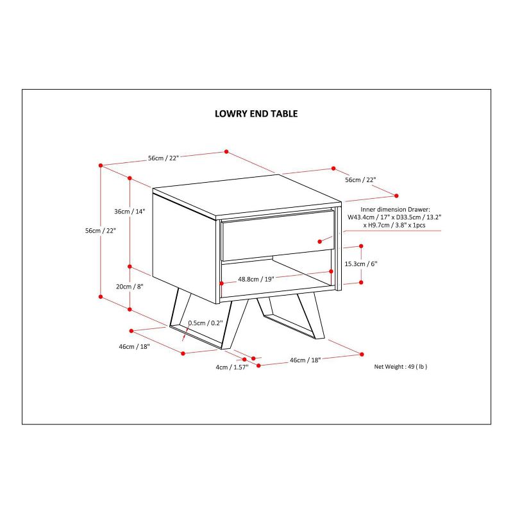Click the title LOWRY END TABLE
(256, 114)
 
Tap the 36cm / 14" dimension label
(130, 212)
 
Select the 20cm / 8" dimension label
(130, 287)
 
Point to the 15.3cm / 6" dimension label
(361, 264)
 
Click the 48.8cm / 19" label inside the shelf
(256, 280)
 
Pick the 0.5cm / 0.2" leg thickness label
(205, 323)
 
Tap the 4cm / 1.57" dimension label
(232, 367)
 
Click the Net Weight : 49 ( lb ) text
(401, 367)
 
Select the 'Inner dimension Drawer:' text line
(395, 210)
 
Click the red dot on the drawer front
(319, 242)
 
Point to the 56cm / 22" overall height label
(101, 231)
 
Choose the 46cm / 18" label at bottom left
(134, 346)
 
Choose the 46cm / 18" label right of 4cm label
(305, 360)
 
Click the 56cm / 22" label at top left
(164, 158)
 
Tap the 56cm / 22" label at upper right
(360, 180)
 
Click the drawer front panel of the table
(278, 235)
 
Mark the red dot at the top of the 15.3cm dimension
(361, 246)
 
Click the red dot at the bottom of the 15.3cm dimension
(361, 282)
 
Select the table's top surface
(248, 196)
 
